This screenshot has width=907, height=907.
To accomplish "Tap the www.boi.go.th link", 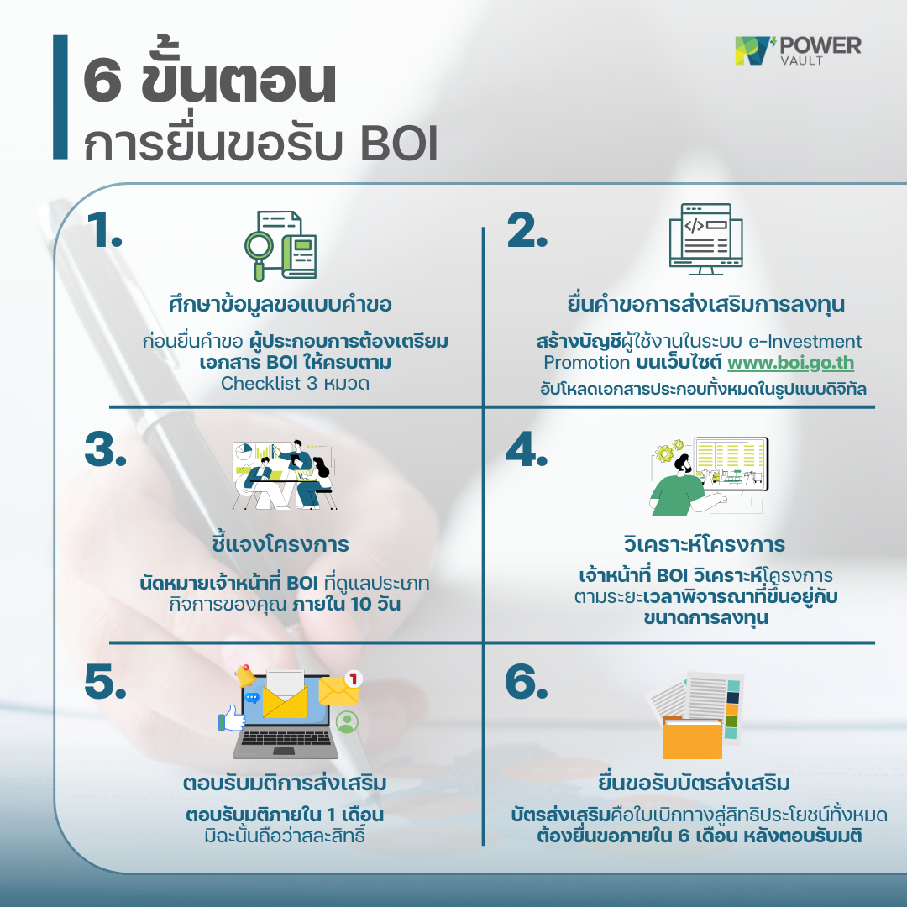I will click(790, 364).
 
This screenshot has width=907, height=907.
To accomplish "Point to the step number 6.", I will click(526, 684).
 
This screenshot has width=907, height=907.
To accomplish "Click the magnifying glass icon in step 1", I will click(262, 249).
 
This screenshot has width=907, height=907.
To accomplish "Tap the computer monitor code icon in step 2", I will click(705, 239).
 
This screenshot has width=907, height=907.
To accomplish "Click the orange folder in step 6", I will click(692, 736).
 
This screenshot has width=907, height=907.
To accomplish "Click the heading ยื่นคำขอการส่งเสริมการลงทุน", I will click(705, 303).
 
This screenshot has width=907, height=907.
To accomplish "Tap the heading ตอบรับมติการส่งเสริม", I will click(285, 784).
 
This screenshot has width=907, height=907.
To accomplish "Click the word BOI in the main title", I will click(398, 144).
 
